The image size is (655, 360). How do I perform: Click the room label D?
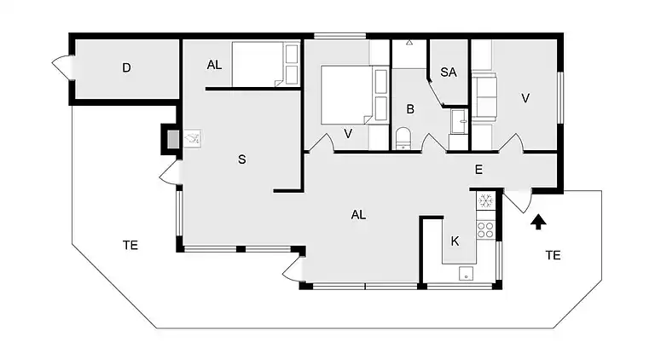(126, 68)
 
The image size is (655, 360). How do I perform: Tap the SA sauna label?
(449, 73)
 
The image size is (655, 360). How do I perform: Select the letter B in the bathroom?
(410, 109)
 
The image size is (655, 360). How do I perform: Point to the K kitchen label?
(455, 241)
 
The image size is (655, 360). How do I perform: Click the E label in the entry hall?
(478, 171)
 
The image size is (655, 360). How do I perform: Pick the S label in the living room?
(242, 160)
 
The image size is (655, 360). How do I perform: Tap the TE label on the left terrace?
(130, 246)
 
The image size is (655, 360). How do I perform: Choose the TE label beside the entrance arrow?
(553, 255)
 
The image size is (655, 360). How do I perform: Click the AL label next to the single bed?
(215, 65)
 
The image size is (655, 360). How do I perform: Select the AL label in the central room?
(358, 215)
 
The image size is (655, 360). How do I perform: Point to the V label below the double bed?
(348, 133)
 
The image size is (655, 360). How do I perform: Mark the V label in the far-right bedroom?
(525, 99)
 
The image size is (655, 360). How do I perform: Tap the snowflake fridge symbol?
(485, 201)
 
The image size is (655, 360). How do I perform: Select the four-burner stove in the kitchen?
(485, 228)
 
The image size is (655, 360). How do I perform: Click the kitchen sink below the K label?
(466, 273)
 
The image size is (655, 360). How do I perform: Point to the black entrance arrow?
(537, 224)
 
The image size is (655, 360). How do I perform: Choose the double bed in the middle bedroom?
(346, 95)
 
